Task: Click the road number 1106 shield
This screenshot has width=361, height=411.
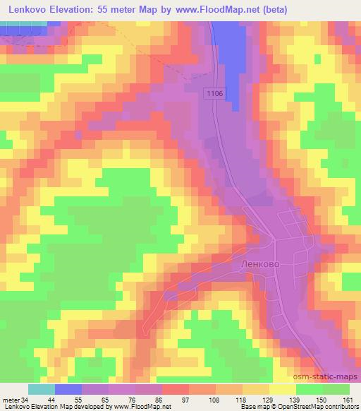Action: coord(216,93)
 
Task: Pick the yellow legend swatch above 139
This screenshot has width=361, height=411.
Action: coord(282,389)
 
